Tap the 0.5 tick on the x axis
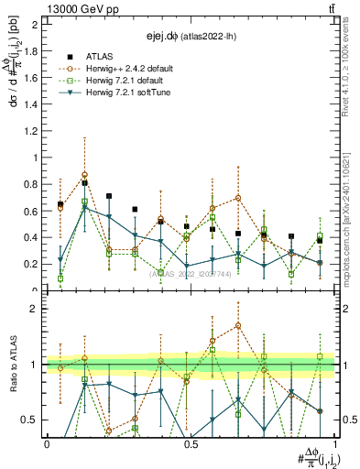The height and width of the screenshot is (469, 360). click(191, 443)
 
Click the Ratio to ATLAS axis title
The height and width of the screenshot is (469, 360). click(12, 365)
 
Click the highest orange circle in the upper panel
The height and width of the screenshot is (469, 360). click(111, 174)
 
